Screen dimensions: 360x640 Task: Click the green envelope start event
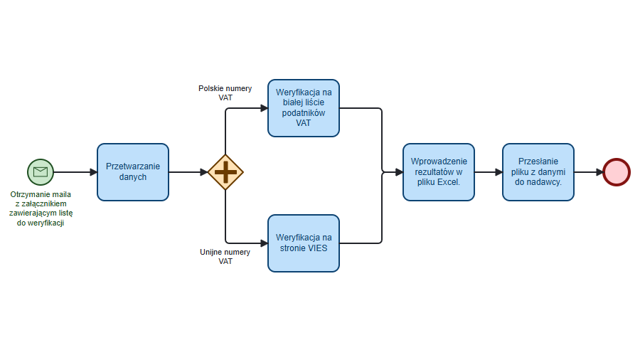click(41, 171)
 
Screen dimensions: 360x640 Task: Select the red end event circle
click(617, 172)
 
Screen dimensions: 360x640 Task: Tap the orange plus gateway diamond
click(225, 172)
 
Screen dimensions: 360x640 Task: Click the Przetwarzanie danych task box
click(133, 172)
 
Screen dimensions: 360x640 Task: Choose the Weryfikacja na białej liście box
click(304, 108)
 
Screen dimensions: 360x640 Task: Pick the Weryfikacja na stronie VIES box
click(304, 243)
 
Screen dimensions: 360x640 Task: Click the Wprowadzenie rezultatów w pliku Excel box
click(439, 172)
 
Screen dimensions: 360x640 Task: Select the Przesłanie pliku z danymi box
click(538, 172)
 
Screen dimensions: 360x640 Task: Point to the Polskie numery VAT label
click(225, 93)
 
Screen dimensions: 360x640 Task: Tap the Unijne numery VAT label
click(225, 257)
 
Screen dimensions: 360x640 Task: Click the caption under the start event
click(41, 208)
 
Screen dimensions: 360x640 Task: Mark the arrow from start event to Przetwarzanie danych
click(75, 172)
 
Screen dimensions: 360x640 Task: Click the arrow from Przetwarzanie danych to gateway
click(188, 172)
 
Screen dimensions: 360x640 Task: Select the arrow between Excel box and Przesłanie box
click(489, 172)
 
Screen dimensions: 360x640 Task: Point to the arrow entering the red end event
click(588, 172)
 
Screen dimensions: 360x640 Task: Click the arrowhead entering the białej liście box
click(264, 108)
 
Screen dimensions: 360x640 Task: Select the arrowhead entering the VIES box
click(264, 243)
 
